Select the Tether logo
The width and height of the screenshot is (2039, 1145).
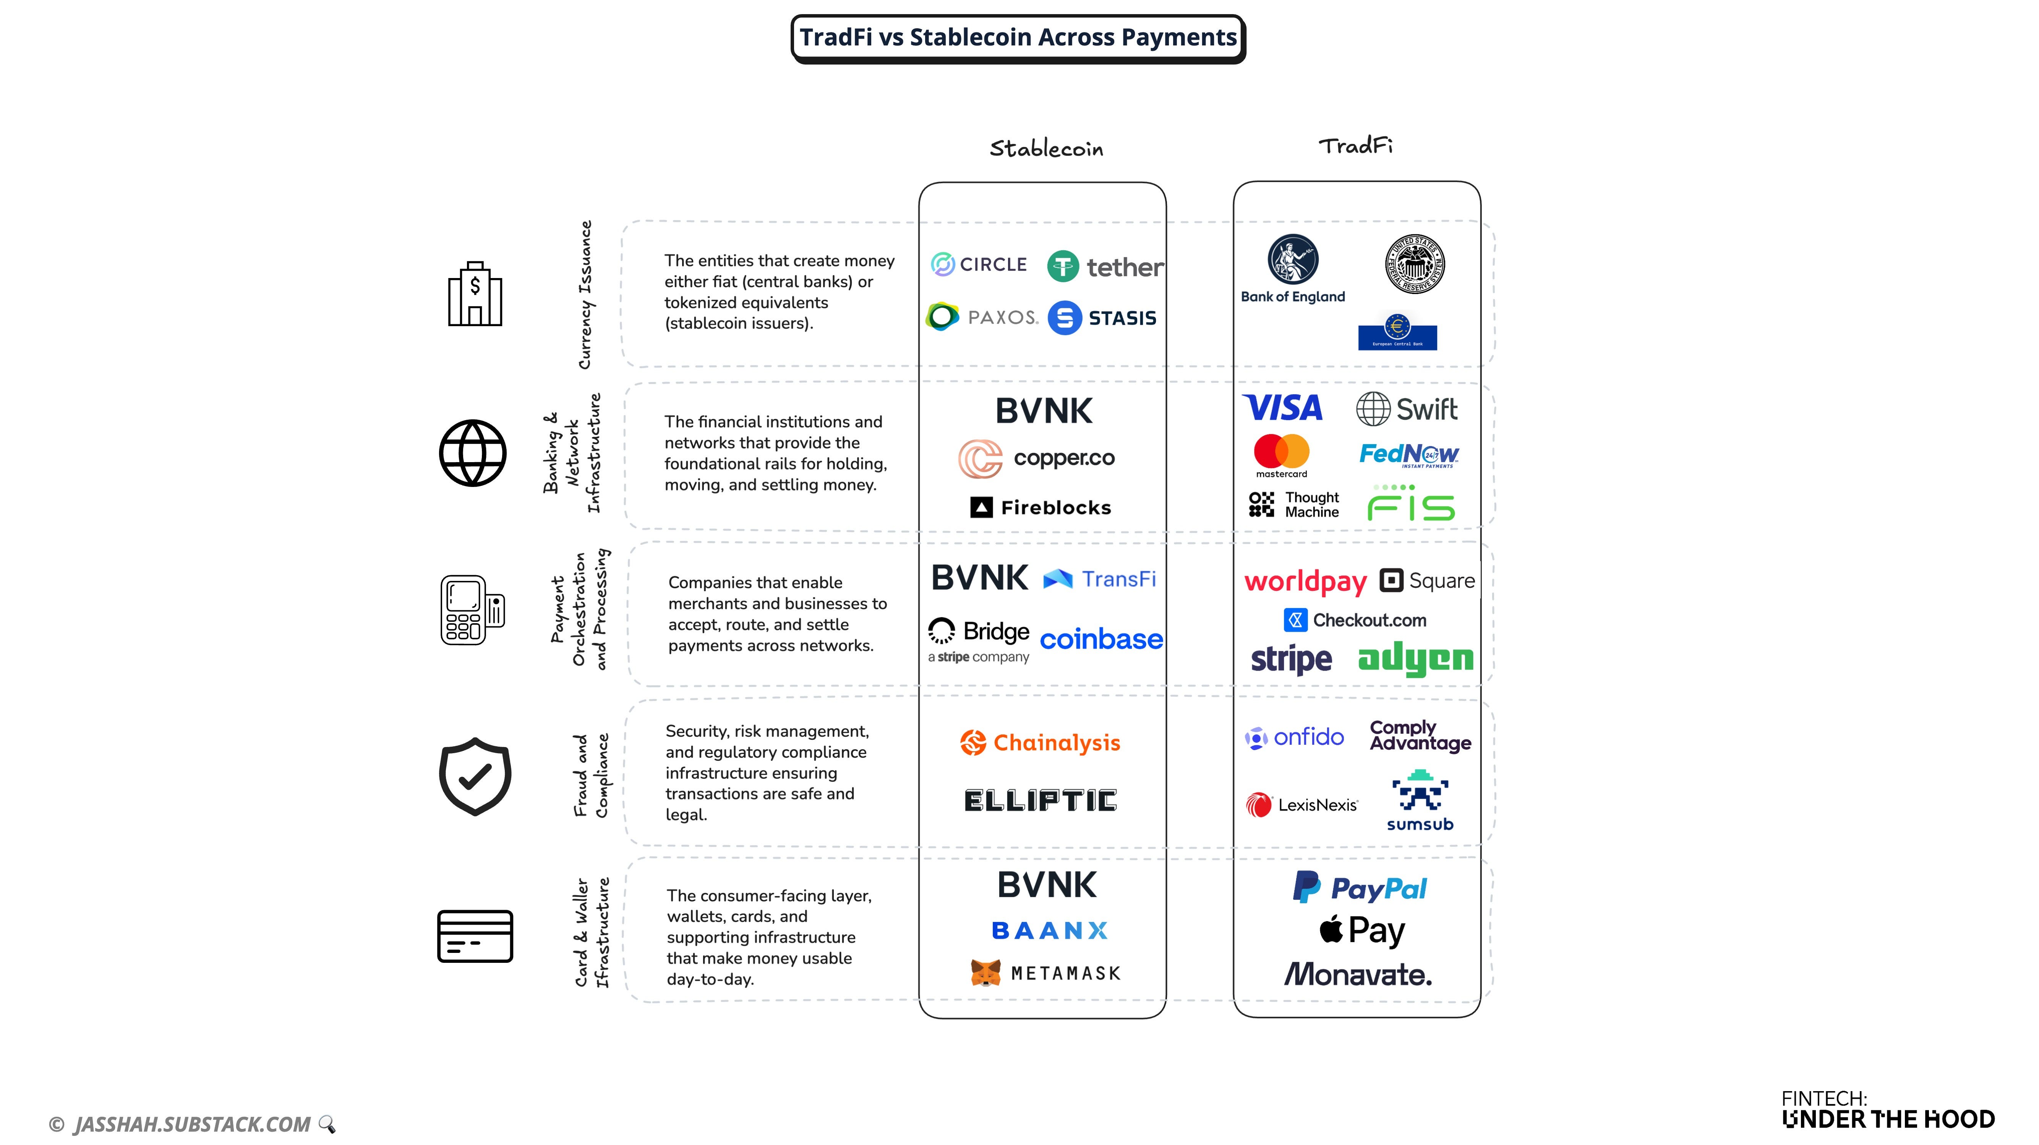pyautogui.click(x=1105, y=267)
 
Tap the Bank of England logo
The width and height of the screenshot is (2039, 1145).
pyautogui.click(x=1293, y=269)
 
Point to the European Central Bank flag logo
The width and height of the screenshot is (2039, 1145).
pyautogui.click(x=1397, y=332)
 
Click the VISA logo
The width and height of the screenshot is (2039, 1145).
pyautogui.click(x=1282, y=408)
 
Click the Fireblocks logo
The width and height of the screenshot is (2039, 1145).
pyautogui.click(x=1041, y=507)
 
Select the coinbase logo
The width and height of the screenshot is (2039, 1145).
pyautogui.click(x=1101, y=639)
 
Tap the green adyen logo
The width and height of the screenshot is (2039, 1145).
pyautogui.click(x=1415, y=659)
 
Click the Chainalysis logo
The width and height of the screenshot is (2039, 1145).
pyautogui.click(x=1040, y=742)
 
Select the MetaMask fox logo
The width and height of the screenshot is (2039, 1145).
pyautogui.click(x=985, y=972)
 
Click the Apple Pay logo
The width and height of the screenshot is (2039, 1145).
pyautogui.click(x=1361, y=930)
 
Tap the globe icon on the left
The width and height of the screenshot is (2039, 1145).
pyautogui.click(x=473, y=453)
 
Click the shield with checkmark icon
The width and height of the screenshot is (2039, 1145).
pyautogui.click(x=475, y=776)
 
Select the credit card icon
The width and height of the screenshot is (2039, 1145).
pyautogui.click(x=475, y=936)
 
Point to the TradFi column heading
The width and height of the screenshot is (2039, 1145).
pyautogui.click(x=1355, y=146)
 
